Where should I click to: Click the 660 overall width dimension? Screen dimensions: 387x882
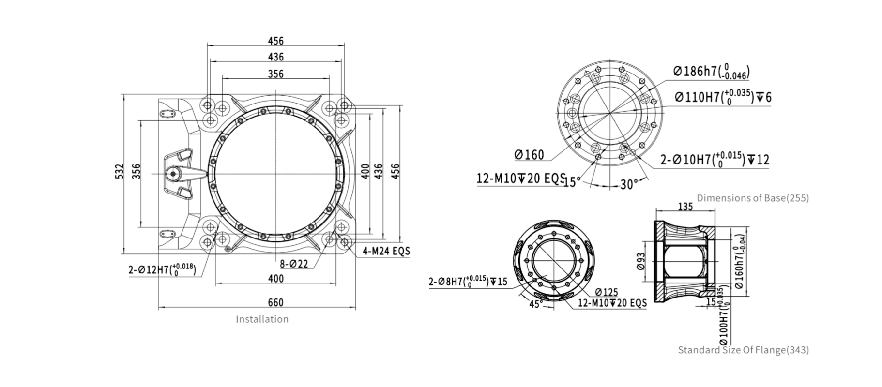coord(275,302)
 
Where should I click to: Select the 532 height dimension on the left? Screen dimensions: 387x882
coord(120,172)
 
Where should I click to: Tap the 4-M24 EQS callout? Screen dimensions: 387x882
coord(386,251)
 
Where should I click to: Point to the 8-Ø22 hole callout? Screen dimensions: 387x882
coord(294,264)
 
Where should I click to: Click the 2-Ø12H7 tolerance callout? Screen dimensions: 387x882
coord(162,269)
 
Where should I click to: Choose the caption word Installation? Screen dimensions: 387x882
coord(262,319)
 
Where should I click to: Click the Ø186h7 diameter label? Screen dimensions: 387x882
coord(711,71)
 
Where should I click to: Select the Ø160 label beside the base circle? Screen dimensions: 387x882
coord(529,155)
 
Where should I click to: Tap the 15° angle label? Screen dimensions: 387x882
coord(572,182)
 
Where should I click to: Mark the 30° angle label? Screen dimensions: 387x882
coord(629,184)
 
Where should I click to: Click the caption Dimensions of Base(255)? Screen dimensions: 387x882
coord(753,198)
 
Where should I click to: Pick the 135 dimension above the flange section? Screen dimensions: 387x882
coord(685,207)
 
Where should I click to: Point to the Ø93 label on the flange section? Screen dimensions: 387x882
coord(641,262)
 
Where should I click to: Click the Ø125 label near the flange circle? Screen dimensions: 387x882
coord(606,292)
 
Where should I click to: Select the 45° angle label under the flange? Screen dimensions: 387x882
coord(535,304)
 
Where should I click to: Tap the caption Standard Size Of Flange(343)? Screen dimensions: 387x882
coord(743,350)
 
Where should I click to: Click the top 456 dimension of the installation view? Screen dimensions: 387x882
coord(275,41)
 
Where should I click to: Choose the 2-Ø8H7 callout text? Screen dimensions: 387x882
coord(468,281)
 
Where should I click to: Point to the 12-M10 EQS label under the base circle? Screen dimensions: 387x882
coord(521,178)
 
